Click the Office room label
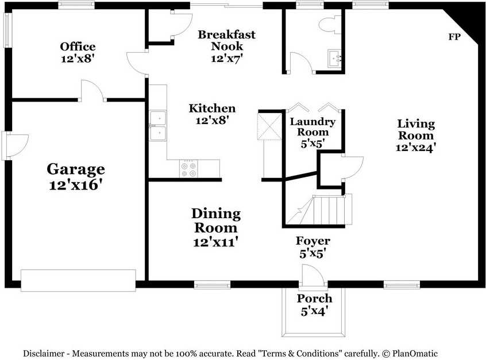(78, 52)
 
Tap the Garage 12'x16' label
(75, 176)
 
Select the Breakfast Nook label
(226, 46)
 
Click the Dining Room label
(215, 227)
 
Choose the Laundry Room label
(313, 132)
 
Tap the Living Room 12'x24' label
(416, 135)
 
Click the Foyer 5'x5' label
(313, 246)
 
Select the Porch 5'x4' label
(314, 305)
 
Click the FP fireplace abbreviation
(454, 37)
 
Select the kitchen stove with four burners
(188, 168)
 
